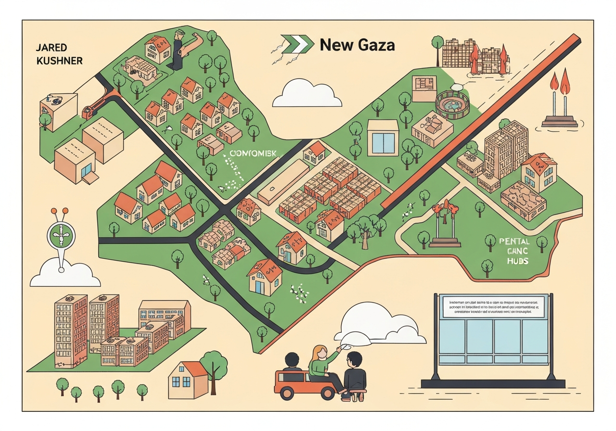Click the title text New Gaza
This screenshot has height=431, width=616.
click(x=357, y=45)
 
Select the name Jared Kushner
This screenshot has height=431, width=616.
click(x=59, y=54)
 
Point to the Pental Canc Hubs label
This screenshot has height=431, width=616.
click(x=514, y=251)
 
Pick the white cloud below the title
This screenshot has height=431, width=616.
click(x=307, y=94)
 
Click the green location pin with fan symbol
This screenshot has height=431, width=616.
click(x=62, y=236)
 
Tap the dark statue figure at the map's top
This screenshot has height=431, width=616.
click(x=178, y=50)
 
